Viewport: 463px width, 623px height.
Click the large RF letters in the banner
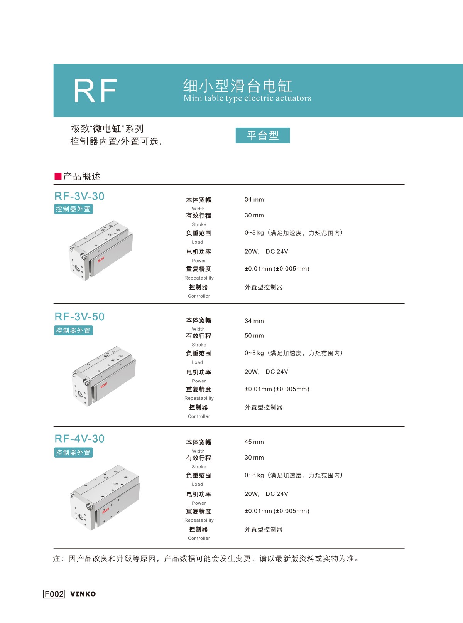point(95,91)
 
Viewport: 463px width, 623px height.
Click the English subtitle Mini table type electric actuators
point(247,98)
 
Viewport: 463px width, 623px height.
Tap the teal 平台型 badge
point(263,135)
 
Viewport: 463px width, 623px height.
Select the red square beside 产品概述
point(58,176)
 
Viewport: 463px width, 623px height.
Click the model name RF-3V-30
point(79,196)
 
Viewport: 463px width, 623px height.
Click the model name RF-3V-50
point(79,317)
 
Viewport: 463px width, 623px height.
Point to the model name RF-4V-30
point(79,438)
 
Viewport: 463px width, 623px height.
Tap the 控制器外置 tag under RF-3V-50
point(73,331)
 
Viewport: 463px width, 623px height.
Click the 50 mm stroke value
point(254,336)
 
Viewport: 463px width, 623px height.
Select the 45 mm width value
point(254,442)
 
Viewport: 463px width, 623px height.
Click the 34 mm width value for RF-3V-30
point(254,199)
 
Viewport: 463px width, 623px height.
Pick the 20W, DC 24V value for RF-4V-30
point(266,494)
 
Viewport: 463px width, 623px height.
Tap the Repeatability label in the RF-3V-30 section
point(199,278)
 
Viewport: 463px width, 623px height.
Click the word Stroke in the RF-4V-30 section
point(199,467)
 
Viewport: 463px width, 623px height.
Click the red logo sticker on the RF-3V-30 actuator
point(101,259)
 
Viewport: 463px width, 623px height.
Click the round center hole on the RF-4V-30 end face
point(81,517)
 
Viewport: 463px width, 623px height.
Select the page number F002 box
point(54,594)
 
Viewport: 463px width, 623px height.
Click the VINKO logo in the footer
point(83,594)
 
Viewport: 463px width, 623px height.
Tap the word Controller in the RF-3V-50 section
point(199,416)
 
